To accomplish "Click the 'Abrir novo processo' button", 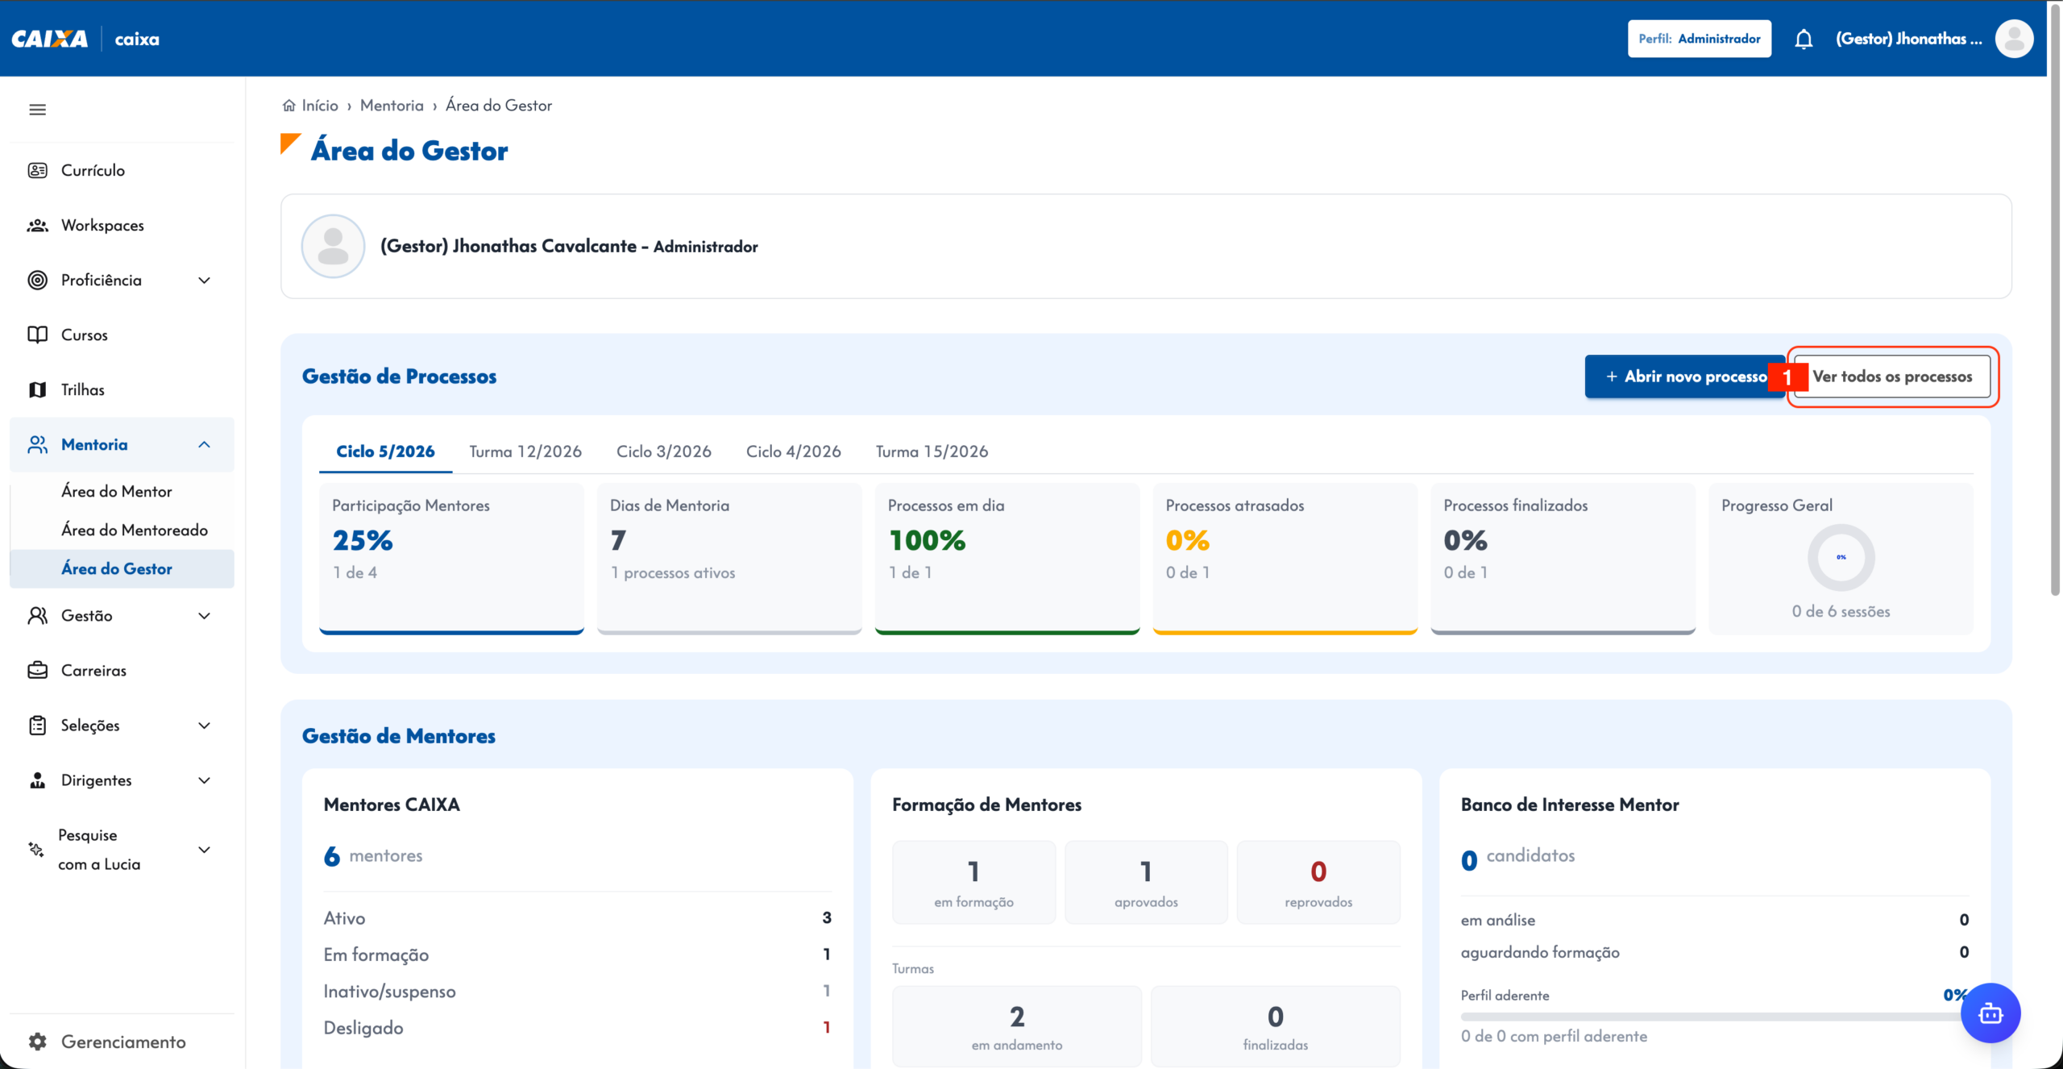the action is coord(1685,376).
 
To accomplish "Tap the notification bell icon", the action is coord(1804,39).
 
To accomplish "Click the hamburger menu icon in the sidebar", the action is coord(38,110).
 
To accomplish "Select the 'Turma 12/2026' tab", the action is coord(525,451).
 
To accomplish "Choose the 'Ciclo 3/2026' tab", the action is coord(664,451).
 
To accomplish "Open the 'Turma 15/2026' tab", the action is coord(932,451).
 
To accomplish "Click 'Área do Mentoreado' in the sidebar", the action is coord(135,530).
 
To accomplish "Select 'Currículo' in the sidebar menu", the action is coord(93,170).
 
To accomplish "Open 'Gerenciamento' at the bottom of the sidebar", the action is coord(123,1042).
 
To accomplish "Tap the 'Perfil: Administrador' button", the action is coord(1700,39).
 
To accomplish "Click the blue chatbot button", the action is coord(1990,1013).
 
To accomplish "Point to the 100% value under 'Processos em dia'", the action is coord(927,540).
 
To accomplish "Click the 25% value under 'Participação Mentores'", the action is coord(363,540).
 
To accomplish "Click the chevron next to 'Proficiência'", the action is coord(205,281).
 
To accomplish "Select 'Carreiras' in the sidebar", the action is coord(93,671).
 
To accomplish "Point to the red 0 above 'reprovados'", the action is coord(1318,871).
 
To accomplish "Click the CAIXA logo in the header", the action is coord(50,39).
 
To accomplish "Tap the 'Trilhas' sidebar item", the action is coord(82,390).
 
